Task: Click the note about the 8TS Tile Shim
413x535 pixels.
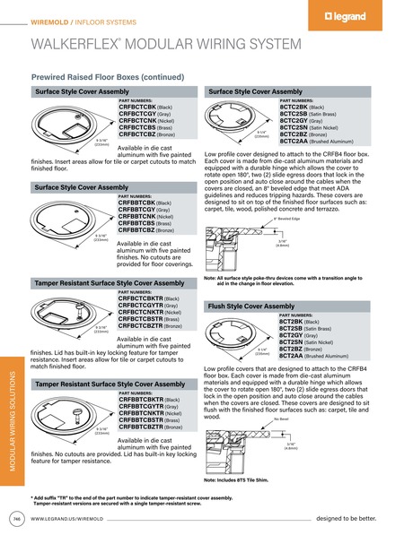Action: coord(237,479)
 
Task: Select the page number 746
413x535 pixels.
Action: coord(17,519)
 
